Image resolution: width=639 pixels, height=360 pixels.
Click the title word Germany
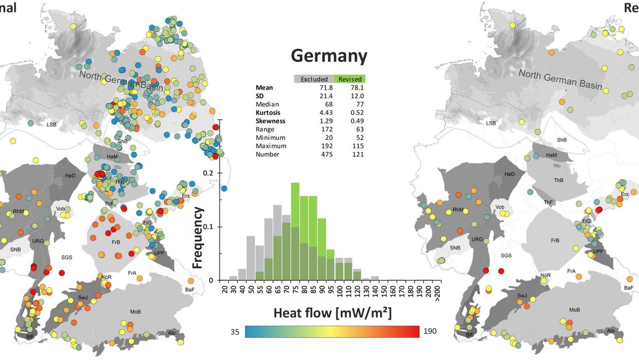point(329,56)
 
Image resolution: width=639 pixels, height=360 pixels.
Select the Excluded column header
point(314,79)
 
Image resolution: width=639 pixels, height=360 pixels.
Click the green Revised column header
point(350,79)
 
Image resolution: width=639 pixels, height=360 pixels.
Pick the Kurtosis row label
point(270,113)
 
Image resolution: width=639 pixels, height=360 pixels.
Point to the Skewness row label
point(271,121)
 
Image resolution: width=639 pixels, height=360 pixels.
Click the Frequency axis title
point(198,238)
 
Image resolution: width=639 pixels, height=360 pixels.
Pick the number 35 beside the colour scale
point(235,332)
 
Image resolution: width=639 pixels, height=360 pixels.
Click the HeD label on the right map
point(509,174)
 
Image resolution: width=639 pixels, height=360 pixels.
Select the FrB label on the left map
point(115,242)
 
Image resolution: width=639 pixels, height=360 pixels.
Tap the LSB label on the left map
point(51,125)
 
